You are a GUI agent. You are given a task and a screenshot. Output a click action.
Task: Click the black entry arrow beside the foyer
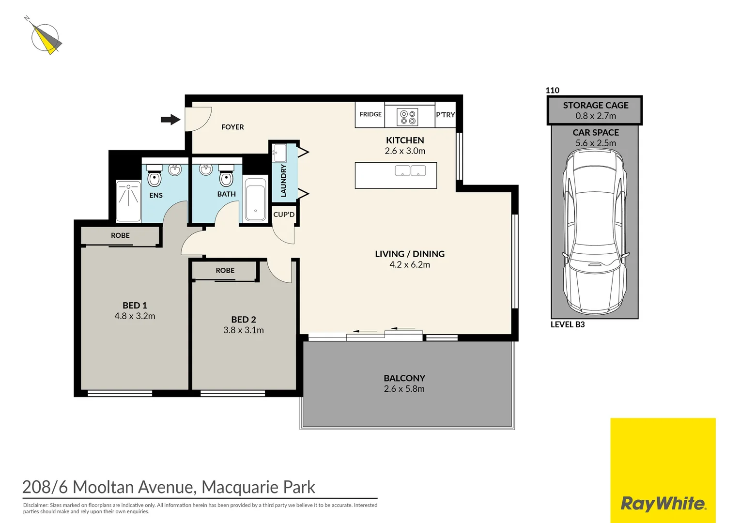(x=170, y=119)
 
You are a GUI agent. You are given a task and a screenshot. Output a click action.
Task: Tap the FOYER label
(x=232, y=127)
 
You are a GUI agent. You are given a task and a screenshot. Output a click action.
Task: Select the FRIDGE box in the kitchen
(x=370, y=114)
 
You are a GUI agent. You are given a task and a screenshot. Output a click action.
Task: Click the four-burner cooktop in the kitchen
(x=407, y=117)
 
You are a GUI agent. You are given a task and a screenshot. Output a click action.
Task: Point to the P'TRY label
(x=445, y=115)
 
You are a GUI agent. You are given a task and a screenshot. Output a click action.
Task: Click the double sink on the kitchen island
(x=410, y=170)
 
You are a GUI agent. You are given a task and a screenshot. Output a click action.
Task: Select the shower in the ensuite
(x=128, y=200)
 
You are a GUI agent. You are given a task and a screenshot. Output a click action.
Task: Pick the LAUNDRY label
(x=284, y=180)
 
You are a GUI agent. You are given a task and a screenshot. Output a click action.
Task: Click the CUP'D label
(x=284, y=215)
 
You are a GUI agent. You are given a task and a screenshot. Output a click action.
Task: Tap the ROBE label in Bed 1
(x=120, y=235)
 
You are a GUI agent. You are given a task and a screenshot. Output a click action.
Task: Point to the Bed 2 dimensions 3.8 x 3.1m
(x=244, y=330)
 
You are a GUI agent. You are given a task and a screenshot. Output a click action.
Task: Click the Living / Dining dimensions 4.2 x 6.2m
(x=410, y=265)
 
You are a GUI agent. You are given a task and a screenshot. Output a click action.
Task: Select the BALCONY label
(x=404, y=378)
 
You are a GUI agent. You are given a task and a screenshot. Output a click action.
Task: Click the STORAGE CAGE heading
(x=595, y=106)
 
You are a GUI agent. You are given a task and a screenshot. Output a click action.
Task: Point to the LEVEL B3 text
(x=568, y=324)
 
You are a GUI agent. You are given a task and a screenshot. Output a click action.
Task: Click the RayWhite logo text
(x=663, y=504)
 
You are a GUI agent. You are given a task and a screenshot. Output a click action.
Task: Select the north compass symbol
(x=45, y=38)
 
